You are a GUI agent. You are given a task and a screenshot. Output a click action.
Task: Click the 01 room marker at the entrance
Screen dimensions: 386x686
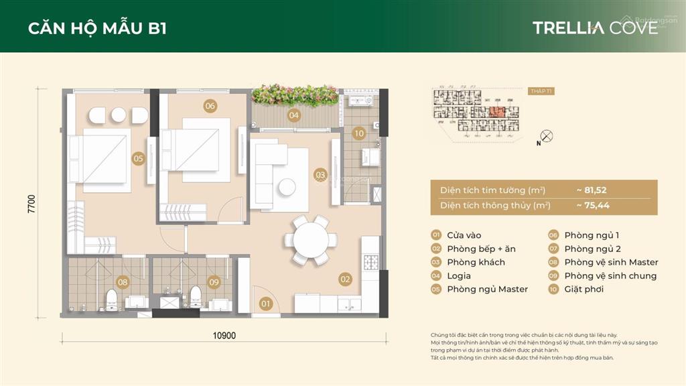click(266, 304)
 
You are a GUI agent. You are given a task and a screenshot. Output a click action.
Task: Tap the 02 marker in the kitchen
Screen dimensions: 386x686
click(346, 279)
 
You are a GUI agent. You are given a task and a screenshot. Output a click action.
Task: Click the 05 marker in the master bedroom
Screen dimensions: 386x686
click(139, 159)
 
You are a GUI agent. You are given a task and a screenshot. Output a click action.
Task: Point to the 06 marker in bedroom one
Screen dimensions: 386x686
click(210, 106)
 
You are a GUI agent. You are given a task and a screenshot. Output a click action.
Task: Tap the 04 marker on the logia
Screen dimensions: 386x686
click(294, 115)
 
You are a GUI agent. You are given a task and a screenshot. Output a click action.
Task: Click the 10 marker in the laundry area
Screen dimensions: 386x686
click(359, 133)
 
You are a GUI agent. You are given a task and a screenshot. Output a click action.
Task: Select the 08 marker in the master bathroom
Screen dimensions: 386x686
click(123, 282)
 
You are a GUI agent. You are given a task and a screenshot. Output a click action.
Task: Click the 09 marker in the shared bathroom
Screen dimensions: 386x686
click(213, 282)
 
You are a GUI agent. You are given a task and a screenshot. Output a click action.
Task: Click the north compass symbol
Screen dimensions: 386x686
click(547, 136)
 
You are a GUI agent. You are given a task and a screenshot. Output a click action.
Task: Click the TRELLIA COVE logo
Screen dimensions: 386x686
click(595, 27)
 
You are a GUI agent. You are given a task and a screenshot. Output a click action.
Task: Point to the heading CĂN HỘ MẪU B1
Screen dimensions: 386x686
click(98, 28)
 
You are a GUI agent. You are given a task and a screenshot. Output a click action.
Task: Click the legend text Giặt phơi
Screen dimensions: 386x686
click(584, 289)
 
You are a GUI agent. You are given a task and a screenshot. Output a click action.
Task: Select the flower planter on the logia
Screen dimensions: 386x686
click(293, 94)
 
